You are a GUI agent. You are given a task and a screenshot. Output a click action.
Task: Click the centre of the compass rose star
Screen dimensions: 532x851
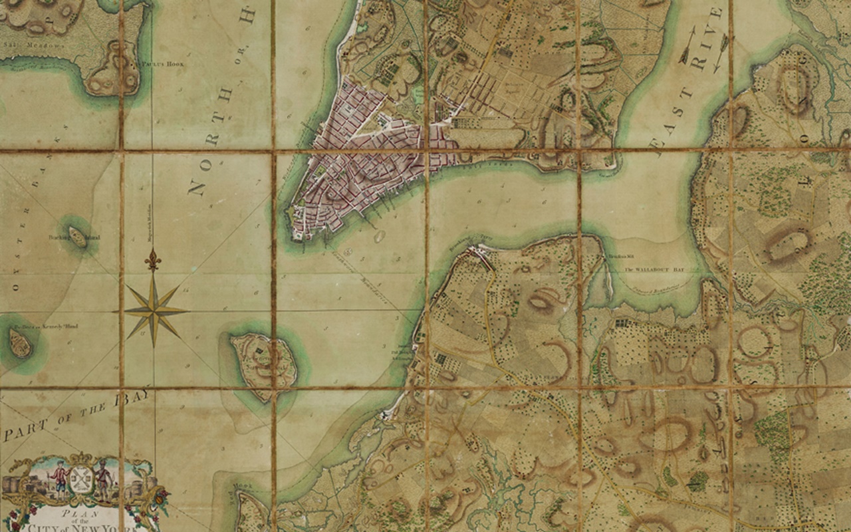click(x=154, y=310)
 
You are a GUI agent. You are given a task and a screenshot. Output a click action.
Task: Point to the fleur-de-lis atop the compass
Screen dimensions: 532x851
click(x=154, y=260)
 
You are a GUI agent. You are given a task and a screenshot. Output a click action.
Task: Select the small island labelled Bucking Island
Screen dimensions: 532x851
click(x=78, y=237)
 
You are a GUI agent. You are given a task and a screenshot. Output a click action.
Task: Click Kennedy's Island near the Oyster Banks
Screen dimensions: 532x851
click(x=21, y=343)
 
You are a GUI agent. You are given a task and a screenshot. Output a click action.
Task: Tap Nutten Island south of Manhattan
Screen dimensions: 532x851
click(x=263, y=365)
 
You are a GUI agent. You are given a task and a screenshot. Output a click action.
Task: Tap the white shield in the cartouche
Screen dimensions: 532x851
click(x=80, y=478)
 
